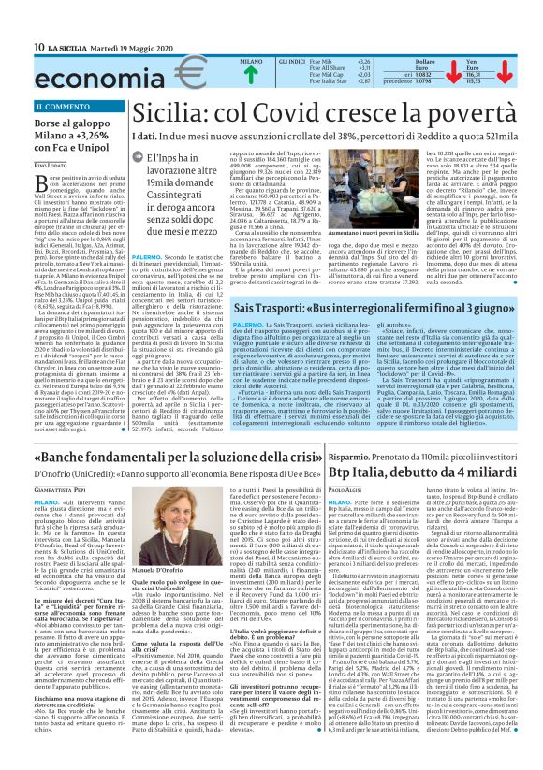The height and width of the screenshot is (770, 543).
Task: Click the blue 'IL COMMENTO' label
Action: pyautogui.click(x=59, y=106)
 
